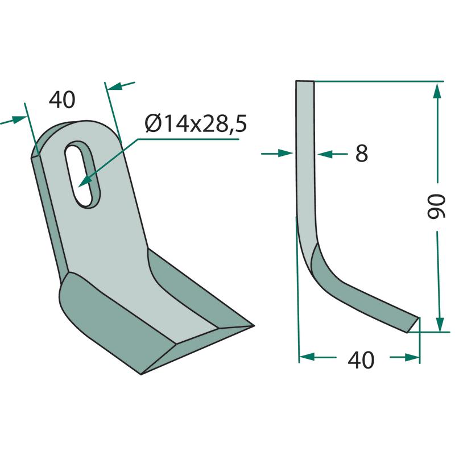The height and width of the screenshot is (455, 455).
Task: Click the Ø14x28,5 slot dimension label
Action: coord(196,124)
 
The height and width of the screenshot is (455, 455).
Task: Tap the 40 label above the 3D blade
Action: coord(62,100)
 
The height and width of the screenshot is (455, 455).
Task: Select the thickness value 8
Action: coord(362,153)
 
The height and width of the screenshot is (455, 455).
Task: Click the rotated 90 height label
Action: coord(436,206)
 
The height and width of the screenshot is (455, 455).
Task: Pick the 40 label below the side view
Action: coord(361,360)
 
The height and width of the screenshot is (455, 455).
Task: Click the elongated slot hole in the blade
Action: coord(82,174)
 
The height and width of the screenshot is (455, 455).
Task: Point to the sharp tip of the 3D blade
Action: coord(254,326)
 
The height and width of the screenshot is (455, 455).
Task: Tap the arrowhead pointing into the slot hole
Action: coord(84,181)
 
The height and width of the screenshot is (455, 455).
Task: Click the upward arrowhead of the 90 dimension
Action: coord(437,90)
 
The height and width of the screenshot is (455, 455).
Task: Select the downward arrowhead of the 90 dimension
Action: coord(440,324)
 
